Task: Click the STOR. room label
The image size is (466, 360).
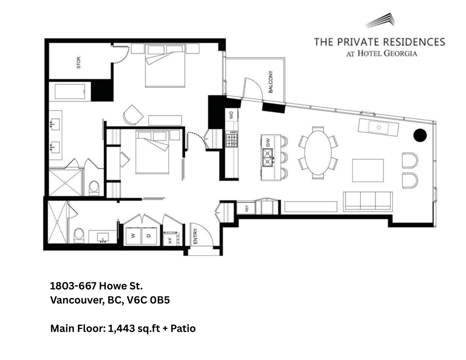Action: (79, 63)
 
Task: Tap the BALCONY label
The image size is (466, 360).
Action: (271, 82)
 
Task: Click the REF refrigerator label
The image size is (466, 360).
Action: (246, 208)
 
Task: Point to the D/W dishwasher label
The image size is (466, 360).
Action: (268, 142)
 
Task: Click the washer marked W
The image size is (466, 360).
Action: (133, 235)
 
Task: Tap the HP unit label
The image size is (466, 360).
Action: (170, 239)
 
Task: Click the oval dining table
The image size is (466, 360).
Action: (318, 153)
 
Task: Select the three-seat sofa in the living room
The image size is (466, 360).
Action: (368, 202)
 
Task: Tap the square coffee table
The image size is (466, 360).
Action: (368, 170)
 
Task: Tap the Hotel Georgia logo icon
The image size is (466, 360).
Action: (380, 20)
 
